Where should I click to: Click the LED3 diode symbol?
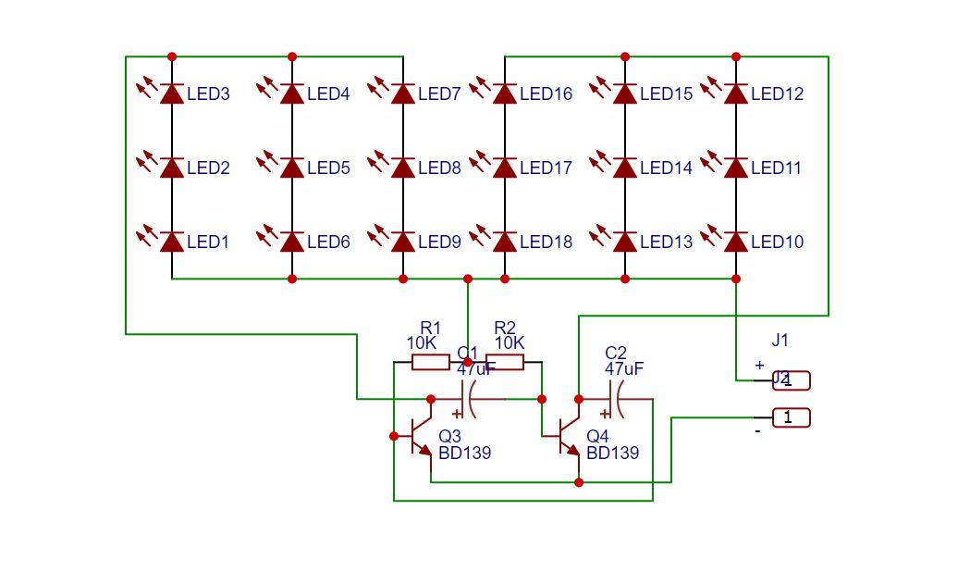(171, 93)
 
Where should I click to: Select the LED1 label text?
(208, 242)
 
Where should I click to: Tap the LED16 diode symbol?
(504, 93)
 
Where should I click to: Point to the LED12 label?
(777, 94)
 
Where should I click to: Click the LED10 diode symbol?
(736, 242)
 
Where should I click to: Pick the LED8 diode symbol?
(402, 168)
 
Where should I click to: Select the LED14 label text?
(666, 168)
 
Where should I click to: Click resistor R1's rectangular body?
(430, 362)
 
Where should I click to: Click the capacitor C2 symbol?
(616, 400)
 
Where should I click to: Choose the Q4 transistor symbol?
(567, 439)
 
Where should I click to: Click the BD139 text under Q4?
(612, 454)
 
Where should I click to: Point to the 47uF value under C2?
(624, 369)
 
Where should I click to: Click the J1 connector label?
(780, 341)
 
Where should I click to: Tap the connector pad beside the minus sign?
(792, 418)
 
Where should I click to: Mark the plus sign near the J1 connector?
(759, 366)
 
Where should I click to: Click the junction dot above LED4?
(292, 56)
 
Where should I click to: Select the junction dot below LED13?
(625, 279)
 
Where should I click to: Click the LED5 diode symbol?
(292, 168)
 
